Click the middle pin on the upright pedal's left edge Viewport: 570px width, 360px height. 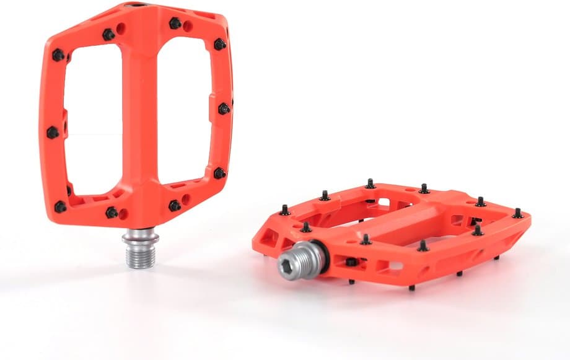[53, 132]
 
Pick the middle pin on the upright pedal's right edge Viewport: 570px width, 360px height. [224, 109]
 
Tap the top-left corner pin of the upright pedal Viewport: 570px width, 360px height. [58, 55]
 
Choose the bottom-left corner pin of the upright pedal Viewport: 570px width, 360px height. [60, 206]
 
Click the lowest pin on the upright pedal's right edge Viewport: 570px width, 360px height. [219, 173]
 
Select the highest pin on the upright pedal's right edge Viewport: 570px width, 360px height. [219, 44]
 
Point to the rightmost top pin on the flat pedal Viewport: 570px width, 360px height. [517, 213]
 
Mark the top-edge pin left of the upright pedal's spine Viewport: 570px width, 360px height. [109, 35]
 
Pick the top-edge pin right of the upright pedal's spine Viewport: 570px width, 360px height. [175, 24]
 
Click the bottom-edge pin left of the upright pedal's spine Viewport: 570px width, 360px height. [112, 213]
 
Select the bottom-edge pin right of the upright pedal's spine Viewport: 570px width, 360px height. [175, 204]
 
